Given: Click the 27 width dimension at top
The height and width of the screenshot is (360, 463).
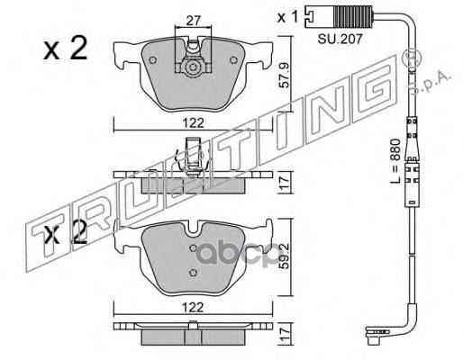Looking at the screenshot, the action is (193, 21).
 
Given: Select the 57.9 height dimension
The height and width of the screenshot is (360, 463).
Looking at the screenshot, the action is (284, 75).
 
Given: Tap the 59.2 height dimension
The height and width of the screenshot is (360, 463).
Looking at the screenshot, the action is (284, 256).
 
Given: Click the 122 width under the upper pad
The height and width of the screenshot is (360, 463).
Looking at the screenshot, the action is (193, 123).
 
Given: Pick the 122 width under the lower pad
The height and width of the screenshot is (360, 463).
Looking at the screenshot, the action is (193, 307).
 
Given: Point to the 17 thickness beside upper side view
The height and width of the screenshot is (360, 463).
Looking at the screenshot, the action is (284, 182).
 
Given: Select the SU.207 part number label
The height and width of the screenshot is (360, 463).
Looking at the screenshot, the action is (340, 39).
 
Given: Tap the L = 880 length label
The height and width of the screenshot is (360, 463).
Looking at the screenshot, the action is (396, 161).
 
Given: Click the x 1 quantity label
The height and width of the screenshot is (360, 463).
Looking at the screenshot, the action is (287, 17).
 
